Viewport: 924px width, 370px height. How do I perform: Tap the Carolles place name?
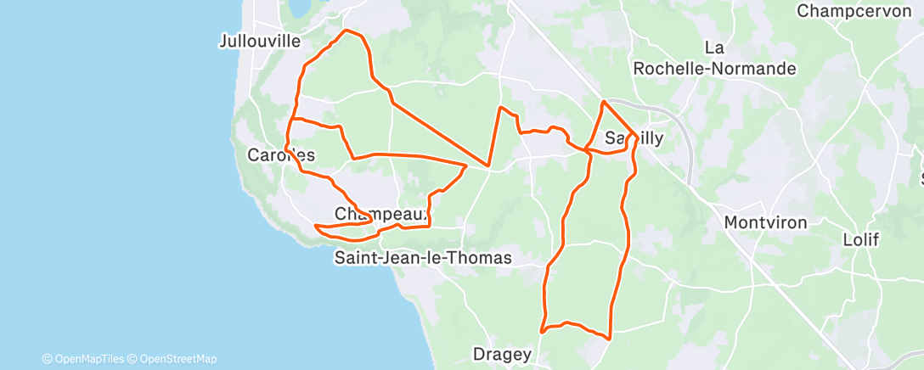point(281,155)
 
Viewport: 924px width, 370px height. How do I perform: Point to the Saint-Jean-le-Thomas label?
point(423,257)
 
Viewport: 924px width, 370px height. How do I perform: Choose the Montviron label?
point(765,222)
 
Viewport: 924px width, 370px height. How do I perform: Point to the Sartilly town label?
point(634,137)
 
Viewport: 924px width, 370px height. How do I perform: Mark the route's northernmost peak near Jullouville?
point(346,31)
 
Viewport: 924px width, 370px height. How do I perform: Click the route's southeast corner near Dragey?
point(610,337)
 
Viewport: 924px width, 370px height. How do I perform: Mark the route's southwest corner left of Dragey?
point(542,330)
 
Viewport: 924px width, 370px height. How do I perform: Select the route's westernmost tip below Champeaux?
point(315,226)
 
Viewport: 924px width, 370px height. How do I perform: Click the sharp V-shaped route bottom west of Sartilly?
point(488,165)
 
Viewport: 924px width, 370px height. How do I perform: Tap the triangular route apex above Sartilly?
point(603,102)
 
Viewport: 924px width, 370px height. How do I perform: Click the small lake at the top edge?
point(298,7)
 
